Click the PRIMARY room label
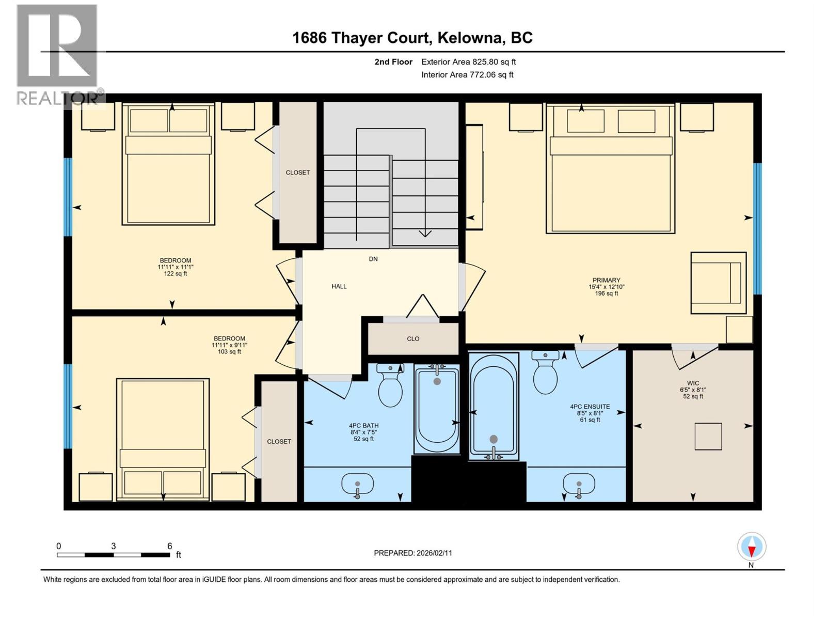(606, 280)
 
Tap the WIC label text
(693, 383)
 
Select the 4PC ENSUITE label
(590, 407)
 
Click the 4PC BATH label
(363, 426)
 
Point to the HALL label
(339, 286)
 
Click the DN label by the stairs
(373, 259)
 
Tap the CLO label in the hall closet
(413, 339)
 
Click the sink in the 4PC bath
(357, 484)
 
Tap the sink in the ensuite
(579, 485)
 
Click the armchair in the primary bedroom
(718, 283)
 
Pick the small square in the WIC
(708, 437)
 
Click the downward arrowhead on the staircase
(425, 234)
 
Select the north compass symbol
(752, 547)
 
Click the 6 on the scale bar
(169, 546)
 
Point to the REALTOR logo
(57, 54)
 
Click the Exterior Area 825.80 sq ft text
(468, 62)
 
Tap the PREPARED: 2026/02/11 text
(413, 553)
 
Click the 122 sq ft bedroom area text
(176, 274)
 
